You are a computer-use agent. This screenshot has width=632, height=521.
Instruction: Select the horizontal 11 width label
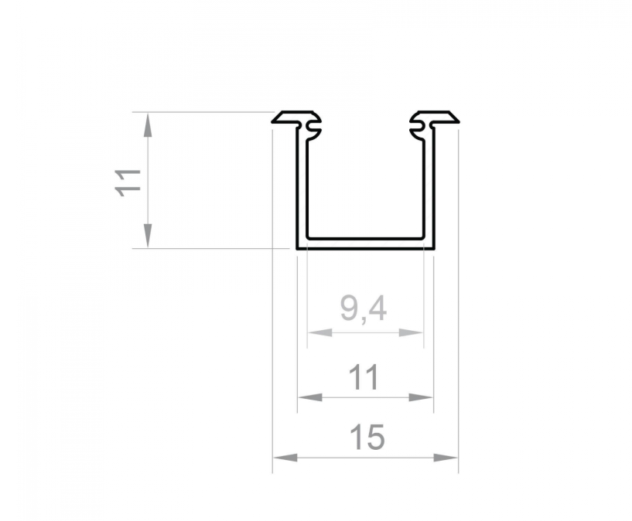364,377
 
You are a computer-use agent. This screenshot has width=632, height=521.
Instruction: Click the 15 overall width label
367,438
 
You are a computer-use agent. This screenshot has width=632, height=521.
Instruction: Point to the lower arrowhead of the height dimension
148,236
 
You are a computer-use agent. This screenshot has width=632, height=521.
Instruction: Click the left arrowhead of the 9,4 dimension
320,332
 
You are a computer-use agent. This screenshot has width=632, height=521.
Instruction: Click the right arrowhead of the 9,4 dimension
411,332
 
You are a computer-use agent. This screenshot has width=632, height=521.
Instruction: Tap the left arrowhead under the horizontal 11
310,397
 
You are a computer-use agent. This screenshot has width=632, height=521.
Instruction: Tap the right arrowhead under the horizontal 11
421,397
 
